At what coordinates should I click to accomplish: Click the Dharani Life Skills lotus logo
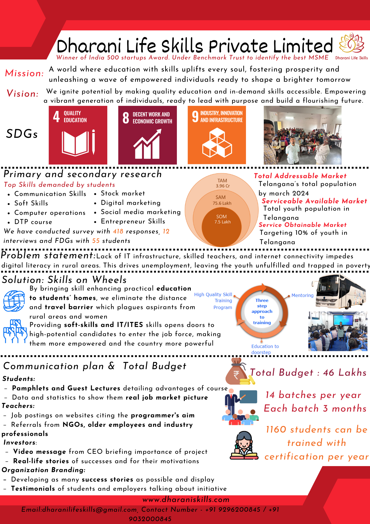coord(351,43)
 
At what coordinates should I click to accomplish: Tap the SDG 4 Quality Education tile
coord(78,135)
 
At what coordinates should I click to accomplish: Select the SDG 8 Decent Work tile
coord(148,135)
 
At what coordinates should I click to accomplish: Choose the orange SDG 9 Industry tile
coord(217,135)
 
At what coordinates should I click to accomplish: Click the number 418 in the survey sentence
coord(118,231)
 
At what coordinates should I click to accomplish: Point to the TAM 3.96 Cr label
coord(222,183)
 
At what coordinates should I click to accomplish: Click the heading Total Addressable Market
coord(300,176)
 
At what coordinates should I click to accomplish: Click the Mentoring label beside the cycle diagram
coord(302,296)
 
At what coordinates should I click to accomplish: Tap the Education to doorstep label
coord(265,349)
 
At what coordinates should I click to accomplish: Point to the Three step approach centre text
coord(262,312)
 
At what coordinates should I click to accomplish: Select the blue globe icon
coord(14,301)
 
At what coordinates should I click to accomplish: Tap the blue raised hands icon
coord(15,331)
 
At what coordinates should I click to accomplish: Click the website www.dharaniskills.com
coord(186,500)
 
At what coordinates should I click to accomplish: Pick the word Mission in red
coord(24,73)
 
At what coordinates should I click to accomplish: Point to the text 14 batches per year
coord(313,395)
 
